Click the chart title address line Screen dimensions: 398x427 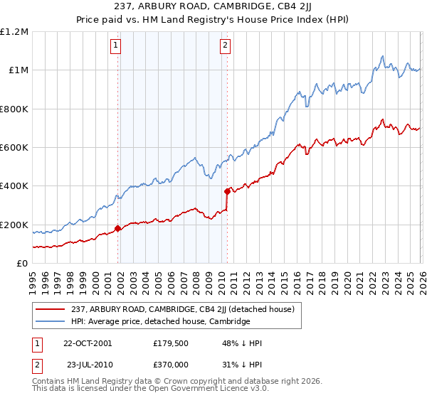(x=213, y=7)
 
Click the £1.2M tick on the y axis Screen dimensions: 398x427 (x=14, y=32)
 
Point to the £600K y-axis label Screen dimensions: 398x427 (x=14, y=148)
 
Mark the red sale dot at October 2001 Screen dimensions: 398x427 (x=118, y=229)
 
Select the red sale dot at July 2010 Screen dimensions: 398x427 (x=227, y=191)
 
